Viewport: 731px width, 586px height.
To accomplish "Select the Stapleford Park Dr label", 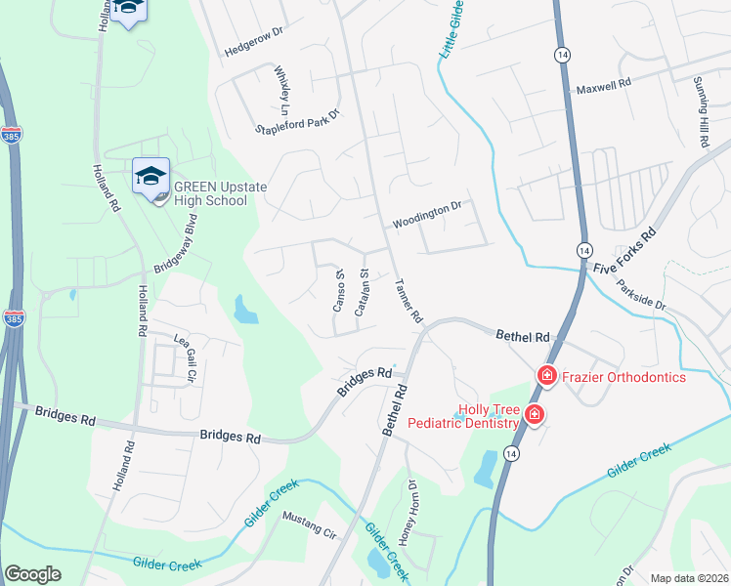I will point(297,121).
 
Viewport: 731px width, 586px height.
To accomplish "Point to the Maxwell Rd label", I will point(604,87).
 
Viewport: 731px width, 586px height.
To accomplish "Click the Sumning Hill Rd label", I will point(701,112).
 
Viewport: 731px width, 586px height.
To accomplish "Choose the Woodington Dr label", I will point(426,214).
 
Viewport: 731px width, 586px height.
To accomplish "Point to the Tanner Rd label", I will point(408,302).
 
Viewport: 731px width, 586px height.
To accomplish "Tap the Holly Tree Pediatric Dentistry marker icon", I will point(534,415).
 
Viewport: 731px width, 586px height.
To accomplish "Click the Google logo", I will point(33,574).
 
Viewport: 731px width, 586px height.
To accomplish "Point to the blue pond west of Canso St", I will point(245,311).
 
